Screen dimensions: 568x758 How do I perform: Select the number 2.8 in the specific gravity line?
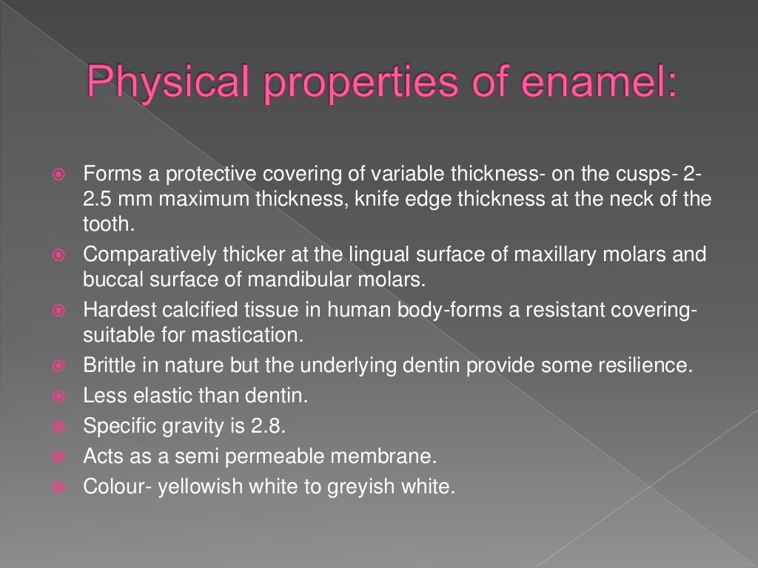click(x=274, y=426)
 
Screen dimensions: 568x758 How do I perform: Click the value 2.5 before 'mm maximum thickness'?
click(x=98, y=200)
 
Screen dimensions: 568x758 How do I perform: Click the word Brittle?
click(x=105, y=365)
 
